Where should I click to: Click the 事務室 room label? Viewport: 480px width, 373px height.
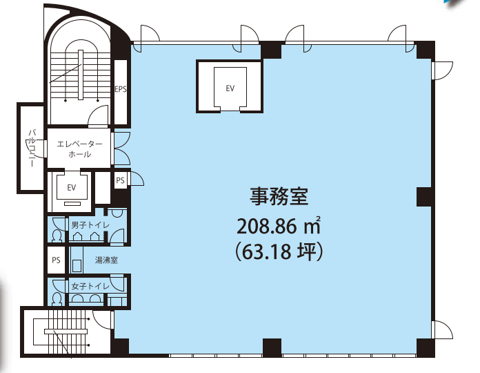point(279,196)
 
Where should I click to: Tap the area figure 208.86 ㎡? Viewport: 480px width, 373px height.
point(279,226)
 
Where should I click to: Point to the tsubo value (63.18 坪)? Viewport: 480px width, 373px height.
point(279,251)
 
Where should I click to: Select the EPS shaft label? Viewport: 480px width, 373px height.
point(121,89)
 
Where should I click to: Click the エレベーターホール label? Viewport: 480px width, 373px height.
point(79,149)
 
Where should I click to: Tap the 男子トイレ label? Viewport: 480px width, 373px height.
point(90,225)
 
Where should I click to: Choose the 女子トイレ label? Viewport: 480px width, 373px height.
point(90,286)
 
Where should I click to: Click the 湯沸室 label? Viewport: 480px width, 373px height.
point(106,260)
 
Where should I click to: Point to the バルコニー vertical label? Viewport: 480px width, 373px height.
point(32,149)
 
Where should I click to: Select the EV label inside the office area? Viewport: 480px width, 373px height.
point(230,88)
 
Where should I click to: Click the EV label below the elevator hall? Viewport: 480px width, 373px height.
point(71,188)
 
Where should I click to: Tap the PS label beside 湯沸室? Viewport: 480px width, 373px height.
point(56,260)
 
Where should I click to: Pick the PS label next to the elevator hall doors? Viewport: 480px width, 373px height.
point(120,180)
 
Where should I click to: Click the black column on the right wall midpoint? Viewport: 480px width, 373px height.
point(425,197)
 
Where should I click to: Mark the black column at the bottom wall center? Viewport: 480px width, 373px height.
point(272,347)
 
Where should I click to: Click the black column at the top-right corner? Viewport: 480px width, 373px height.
point(425,50)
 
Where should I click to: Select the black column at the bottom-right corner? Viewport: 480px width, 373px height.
point(426,347)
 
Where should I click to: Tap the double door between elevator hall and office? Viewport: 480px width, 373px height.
point(122,149)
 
